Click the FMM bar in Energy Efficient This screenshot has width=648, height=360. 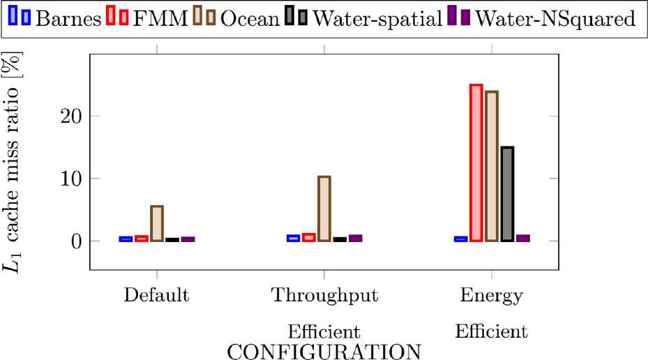(x=476, y=163)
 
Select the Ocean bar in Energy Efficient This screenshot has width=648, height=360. (x=492, y=166)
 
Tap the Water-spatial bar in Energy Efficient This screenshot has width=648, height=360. (x=507, y=194)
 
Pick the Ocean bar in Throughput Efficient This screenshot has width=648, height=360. (x=324, y=209)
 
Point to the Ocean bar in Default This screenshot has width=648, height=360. (x=157, y=223)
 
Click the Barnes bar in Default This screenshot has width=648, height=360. (x=126, y=239)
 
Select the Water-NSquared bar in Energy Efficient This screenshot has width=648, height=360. (x=522, y=238)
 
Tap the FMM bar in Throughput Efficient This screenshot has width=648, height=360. (x=309, y=237)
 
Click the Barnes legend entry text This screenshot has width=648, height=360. (x=67, y=18)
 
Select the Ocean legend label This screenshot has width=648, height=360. (x=250, y=18)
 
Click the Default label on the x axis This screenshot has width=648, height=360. (x=157, y=294)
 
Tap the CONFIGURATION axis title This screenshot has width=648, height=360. (x=324, y=350)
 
